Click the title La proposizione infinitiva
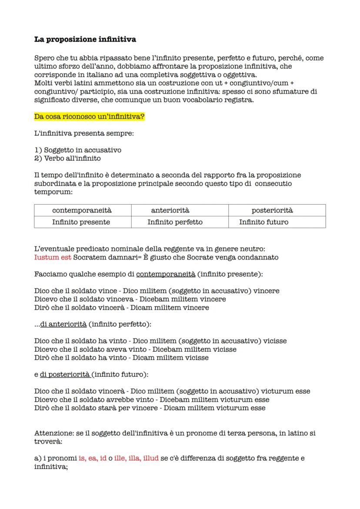(85, 40)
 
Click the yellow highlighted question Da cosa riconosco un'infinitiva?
(89, 117)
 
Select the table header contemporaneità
(82, 210)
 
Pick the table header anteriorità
(170, 210)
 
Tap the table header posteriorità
(272, 210)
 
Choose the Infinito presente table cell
(81, 222)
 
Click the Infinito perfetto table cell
(175, 222)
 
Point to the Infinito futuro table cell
(263, 222)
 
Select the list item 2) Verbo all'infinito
(67, 158)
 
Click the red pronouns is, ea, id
(93, 458)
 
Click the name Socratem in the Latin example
(89, 257)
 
